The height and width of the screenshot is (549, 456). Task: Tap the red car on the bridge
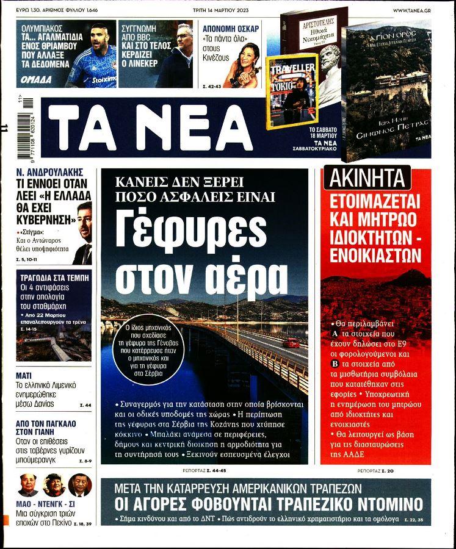291,343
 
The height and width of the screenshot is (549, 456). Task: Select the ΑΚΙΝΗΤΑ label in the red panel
368,179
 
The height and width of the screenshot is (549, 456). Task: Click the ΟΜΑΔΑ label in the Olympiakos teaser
36,79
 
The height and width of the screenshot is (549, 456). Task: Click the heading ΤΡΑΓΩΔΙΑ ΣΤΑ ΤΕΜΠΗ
54,276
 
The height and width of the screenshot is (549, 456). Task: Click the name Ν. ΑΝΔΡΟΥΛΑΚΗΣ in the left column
49,173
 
